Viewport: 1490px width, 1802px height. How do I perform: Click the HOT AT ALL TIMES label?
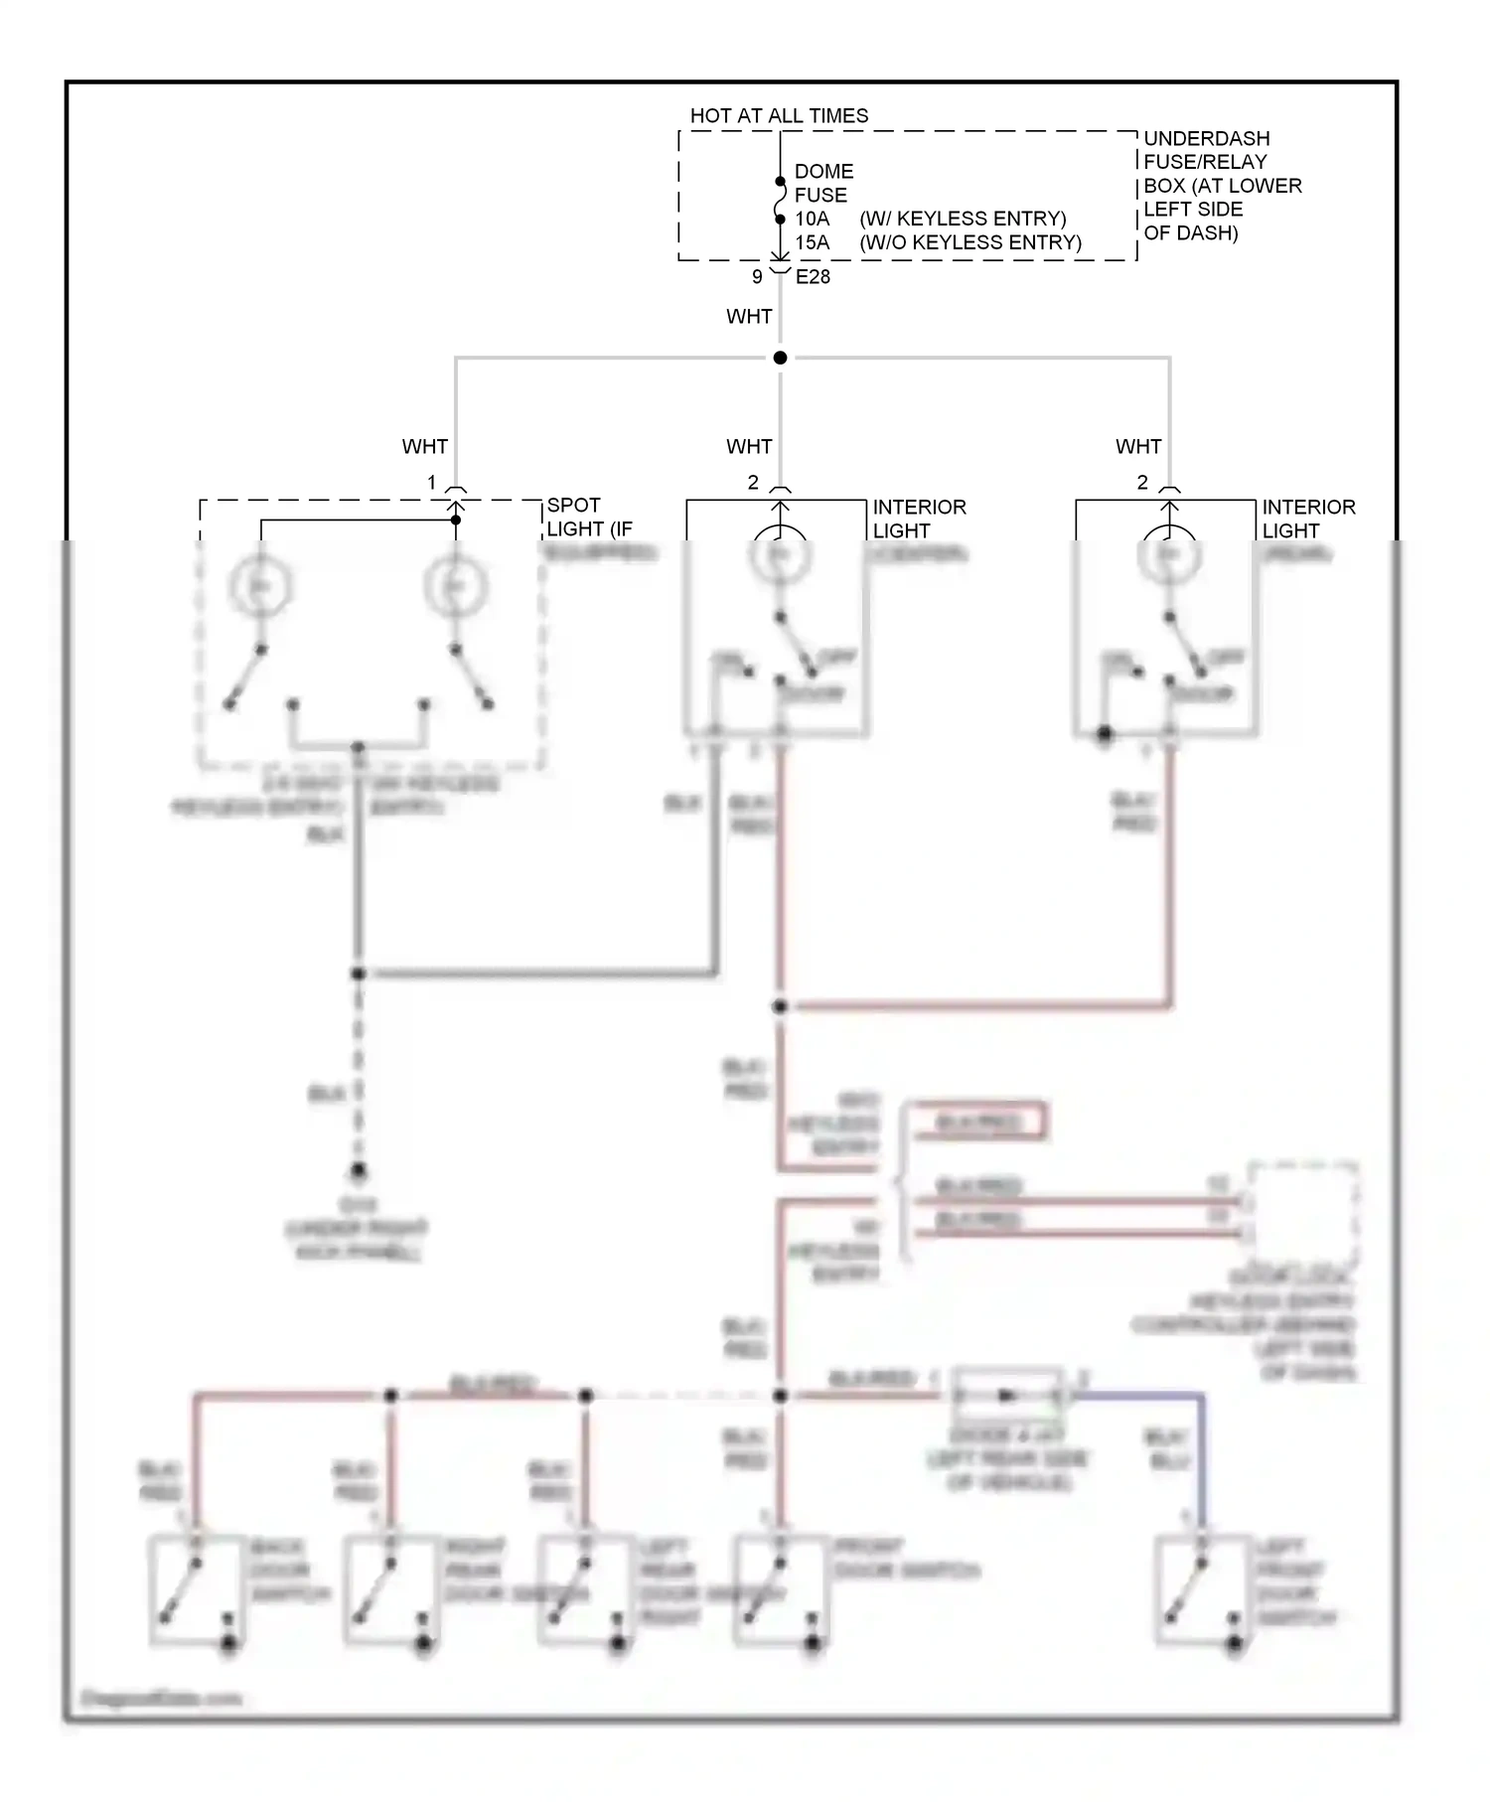pos(779,115)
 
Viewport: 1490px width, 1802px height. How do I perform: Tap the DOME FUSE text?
pos(822,183)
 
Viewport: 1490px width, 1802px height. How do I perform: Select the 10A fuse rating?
pos(812,219)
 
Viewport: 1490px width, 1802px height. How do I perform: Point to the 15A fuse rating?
pos(812,242)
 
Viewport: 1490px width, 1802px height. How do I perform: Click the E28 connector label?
pos(813,277)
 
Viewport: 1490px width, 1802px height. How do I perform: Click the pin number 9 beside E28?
pos(757,277)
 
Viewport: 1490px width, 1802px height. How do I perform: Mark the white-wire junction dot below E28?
pos(780,358)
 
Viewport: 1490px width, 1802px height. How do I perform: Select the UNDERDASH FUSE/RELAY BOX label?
pos(1221,185)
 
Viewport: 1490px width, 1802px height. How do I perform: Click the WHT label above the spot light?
pos(424,447)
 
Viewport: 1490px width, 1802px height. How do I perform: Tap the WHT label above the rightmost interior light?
pos(1137,447)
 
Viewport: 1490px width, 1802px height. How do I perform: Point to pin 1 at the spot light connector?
pos(431,483)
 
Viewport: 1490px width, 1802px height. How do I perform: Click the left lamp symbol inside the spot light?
pos(260,586)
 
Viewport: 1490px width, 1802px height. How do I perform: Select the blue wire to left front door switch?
pos(1203,1450)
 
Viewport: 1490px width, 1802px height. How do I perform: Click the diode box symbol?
pos(1007,1396)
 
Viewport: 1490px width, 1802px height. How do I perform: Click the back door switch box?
pos(197,1589)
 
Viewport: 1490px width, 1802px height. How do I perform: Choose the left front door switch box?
pos(1203,1589)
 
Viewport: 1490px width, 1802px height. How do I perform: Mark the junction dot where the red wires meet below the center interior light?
pos(780,1006)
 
